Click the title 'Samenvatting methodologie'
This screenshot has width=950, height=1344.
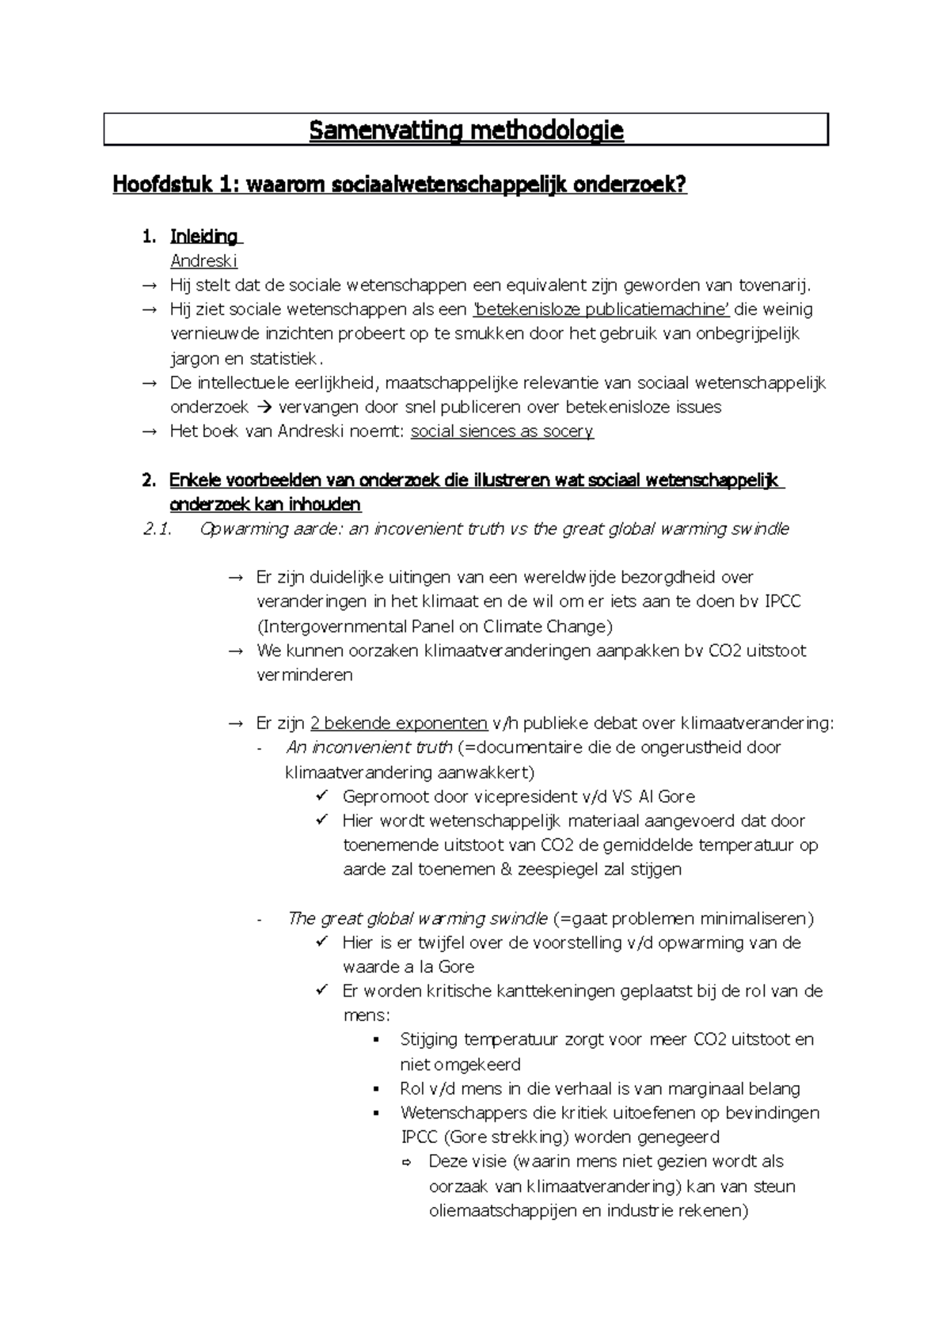(x=465, y=131)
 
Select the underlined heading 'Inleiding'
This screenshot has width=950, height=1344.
(x=204, y=237)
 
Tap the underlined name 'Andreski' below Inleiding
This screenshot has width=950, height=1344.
(x=203, y=261)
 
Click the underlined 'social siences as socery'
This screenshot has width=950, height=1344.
(x=502, y=431)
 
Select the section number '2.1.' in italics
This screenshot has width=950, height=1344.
(x=158, y=530)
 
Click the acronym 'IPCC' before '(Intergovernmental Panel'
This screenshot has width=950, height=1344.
(x=782, y=602)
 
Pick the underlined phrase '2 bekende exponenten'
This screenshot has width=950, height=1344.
(x=399, y=723)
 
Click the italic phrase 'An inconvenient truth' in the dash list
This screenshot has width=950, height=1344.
(x=369, y=748)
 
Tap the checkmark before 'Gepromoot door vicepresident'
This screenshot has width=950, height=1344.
(x=321, y=796)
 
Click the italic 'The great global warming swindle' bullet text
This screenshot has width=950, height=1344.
(x=417, y=919)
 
